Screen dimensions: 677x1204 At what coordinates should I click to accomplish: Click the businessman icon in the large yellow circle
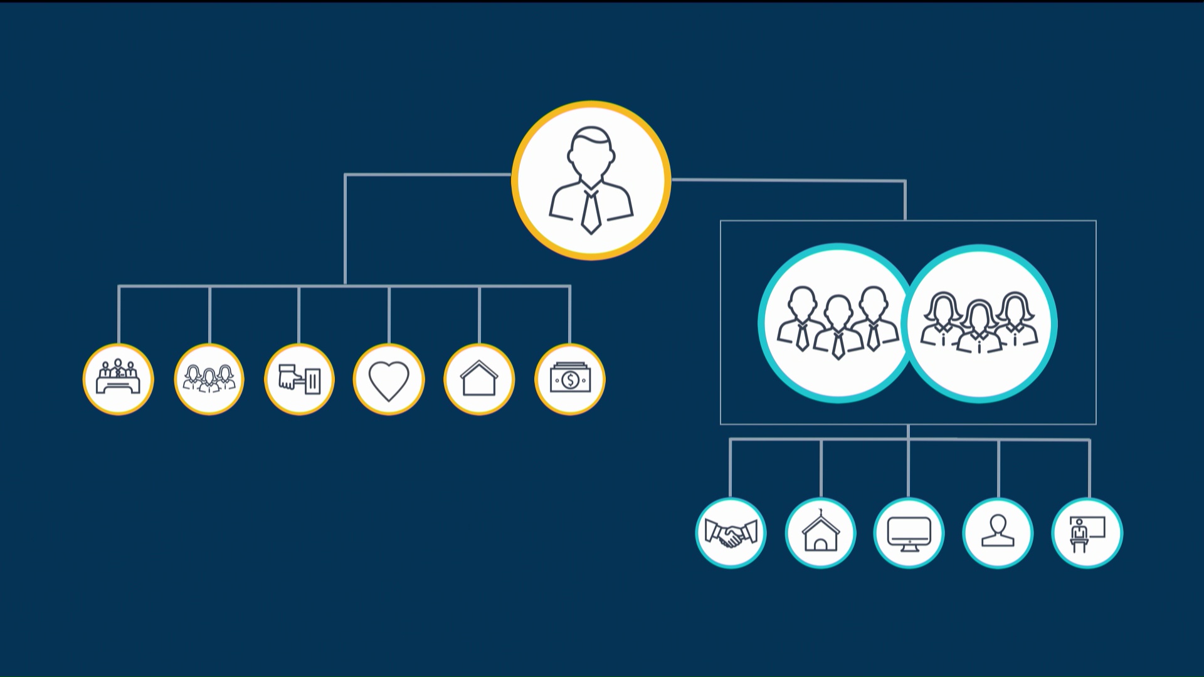(591, 181)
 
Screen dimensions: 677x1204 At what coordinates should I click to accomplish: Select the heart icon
(389, 380)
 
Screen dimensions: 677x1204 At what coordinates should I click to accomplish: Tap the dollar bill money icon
(570, 379)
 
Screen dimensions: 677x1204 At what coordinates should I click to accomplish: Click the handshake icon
(731, 533)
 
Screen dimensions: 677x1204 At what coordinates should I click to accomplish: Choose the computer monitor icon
(909, 533)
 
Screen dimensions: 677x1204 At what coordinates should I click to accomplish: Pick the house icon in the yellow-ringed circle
(479, 379)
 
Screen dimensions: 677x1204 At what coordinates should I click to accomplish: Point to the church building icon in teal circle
(820, 533)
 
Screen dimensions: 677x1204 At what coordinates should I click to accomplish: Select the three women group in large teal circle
(980, 323)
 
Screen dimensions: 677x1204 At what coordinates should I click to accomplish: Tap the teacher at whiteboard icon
(1087, 533)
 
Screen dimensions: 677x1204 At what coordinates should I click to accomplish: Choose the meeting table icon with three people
(118, 379)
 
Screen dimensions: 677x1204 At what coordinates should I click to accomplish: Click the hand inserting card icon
(299, 379)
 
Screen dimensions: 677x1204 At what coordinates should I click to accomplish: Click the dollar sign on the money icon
(570, 380)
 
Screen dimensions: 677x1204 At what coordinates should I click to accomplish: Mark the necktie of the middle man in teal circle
(838, 345)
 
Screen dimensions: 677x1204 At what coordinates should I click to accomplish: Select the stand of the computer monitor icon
(909, 547)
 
